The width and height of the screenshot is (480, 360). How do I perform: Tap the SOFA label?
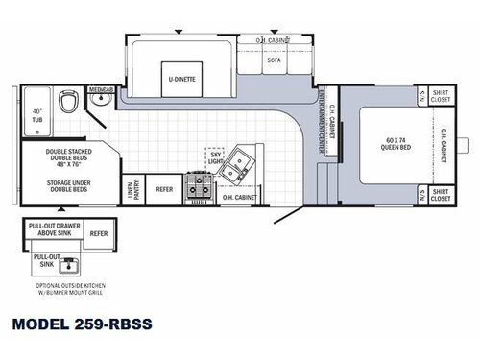273,60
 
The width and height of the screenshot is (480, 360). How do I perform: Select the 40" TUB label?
36,112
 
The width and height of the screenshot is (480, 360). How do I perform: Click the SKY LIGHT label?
215,156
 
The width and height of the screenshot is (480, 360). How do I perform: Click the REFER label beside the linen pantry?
164,190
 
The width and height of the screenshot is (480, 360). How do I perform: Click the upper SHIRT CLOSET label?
442,96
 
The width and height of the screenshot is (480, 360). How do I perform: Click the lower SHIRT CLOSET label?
442,194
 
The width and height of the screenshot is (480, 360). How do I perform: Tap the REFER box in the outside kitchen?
99,232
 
